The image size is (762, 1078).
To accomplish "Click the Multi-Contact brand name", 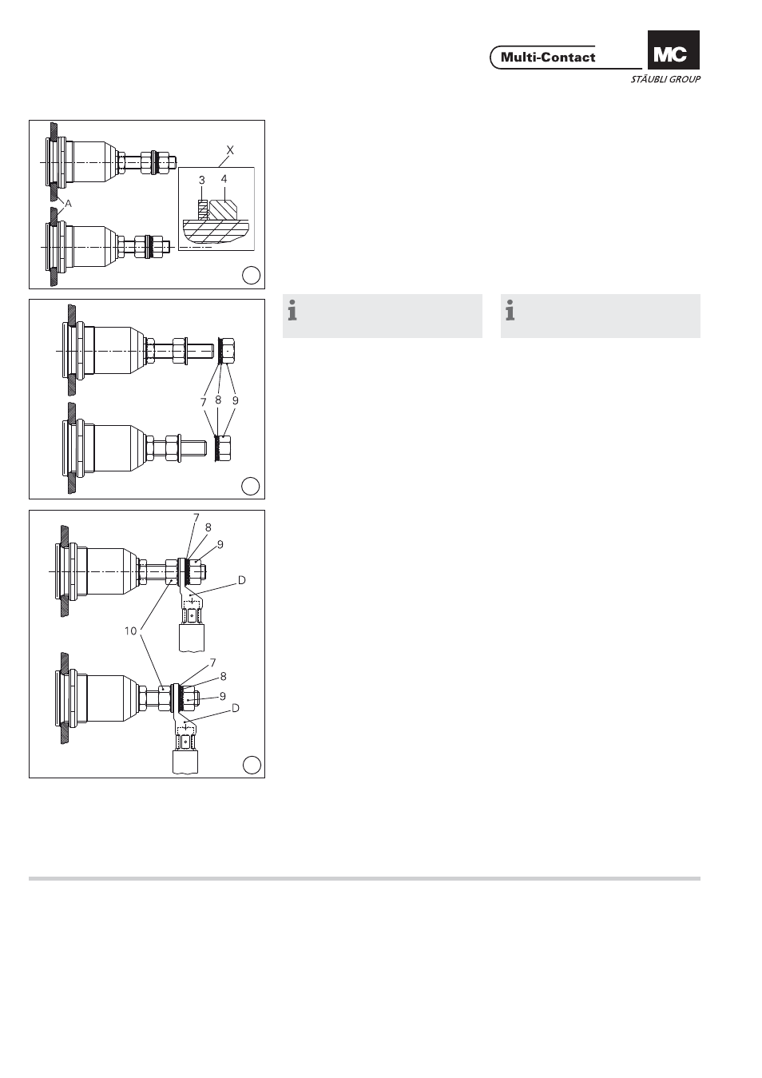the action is [548, 58].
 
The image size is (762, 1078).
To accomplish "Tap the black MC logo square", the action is [673, 50].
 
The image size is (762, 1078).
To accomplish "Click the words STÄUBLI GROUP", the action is [666, 79].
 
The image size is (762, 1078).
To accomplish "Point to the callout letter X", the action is [230, 150].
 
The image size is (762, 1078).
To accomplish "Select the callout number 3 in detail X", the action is [201, 180].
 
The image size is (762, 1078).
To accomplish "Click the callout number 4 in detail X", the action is [224, 179].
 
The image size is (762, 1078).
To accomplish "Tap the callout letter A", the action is [69, 204].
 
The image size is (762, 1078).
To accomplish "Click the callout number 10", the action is [130, 631].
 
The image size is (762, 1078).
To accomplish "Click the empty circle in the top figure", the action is [251, 275].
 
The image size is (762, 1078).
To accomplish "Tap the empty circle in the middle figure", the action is [250, 486].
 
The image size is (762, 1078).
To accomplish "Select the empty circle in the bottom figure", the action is [252, 765].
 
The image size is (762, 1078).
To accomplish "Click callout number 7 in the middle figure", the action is [204, 402].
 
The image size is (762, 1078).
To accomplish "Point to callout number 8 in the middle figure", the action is [218, 400].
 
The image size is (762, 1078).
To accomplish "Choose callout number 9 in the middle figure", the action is [236, 400].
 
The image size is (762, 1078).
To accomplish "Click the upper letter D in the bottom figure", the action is [241, 580].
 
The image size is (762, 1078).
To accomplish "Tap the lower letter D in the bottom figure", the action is [236, 708].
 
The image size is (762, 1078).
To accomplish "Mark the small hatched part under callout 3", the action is [204, 210].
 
